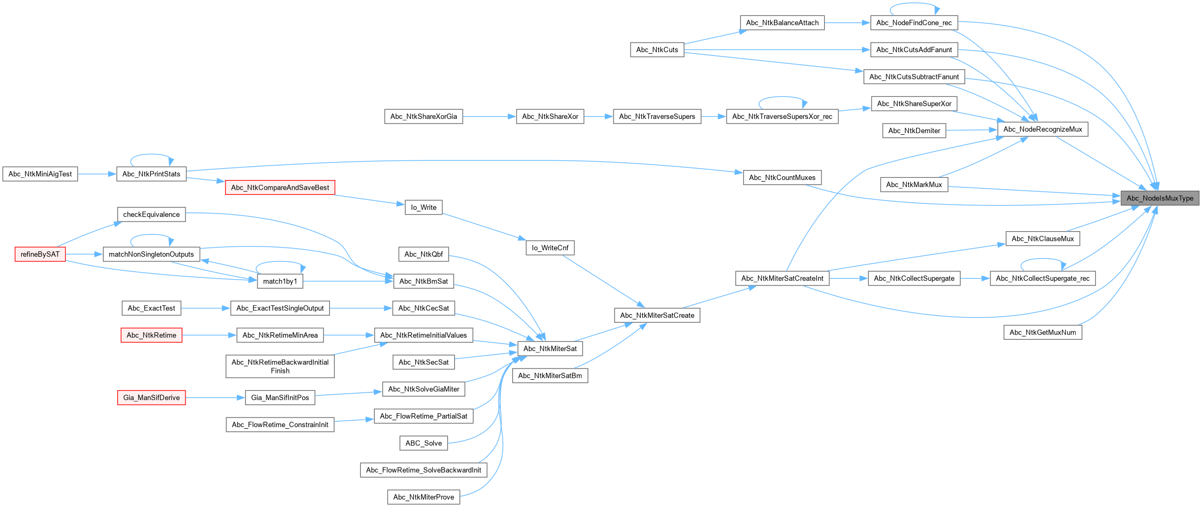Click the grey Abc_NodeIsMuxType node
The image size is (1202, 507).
(1159, 198)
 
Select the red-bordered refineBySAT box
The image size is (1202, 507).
(40, 254)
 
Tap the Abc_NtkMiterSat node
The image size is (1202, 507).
(550, 348)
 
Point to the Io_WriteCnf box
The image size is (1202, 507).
(550, 248)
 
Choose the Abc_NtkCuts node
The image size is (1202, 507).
(657, 50)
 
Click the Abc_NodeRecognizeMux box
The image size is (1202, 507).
(1042, 129)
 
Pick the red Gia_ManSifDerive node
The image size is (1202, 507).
(151, 397)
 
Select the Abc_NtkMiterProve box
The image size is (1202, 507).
(423, 497)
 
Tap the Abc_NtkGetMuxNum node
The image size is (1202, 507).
(1042, 332)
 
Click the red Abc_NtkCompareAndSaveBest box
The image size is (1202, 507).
(280, 187)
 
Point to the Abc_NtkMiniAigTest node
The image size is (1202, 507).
(40, 174)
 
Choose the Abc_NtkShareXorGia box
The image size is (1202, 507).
(423, 116)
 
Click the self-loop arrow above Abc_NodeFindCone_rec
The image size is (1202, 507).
(914, 4)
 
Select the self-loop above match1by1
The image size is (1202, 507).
(280, 262)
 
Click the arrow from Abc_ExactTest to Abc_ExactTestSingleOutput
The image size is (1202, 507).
(206, 308)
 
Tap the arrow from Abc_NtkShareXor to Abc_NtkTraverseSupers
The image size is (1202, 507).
(599, 116)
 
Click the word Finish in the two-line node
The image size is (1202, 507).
(280, 371)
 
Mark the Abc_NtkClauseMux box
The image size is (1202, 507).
(1042, 239)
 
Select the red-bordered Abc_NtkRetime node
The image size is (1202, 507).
(151, 335)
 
